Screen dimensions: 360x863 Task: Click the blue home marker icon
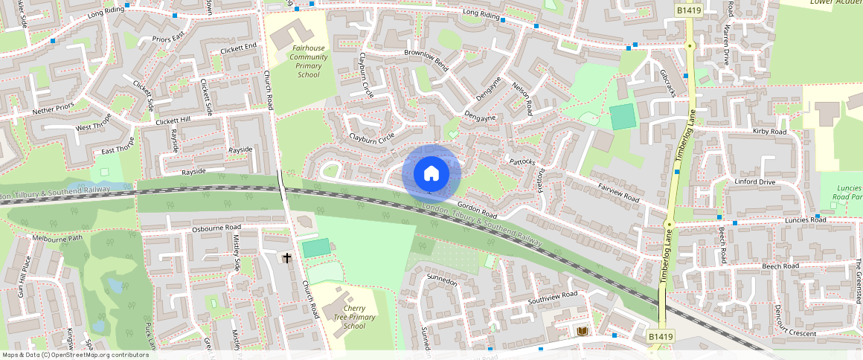coord(431,174)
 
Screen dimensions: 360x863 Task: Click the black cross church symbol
coord(287,257)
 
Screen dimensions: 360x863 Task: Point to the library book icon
coord(582,331)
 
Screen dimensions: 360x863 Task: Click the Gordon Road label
coord(476,208)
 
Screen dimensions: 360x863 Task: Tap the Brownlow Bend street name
coord(426,59)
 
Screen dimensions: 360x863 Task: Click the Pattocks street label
coord(522,161)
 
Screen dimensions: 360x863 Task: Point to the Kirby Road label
coord(769,132)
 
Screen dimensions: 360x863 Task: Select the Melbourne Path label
coord(57,239)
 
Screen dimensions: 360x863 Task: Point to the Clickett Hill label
coord(173,120)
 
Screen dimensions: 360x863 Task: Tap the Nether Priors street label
coord(53,109)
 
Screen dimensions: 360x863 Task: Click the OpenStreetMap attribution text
coord(75,355)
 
